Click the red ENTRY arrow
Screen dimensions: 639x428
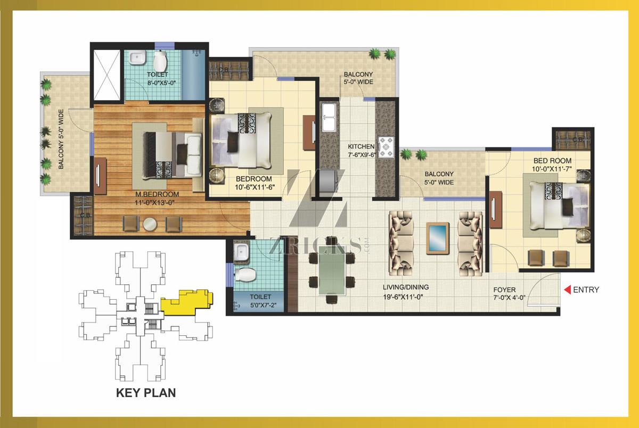[x=568, y=290]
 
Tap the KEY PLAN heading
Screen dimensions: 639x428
[x=146, y=393]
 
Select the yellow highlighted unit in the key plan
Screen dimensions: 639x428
[x=187, y=302]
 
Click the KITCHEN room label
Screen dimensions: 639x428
[x=361, y=146]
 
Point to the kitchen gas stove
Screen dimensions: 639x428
[x=386, y=147]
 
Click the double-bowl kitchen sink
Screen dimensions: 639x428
[x=329, y=118]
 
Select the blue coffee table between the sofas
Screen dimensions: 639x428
[x=437, y=238]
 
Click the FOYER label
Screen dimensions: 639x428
[x=504, y=290]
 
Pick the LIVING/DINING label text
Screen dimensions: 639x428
[x=406, y=287]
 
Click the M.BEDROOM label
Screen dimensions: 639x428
[x=157, y=194]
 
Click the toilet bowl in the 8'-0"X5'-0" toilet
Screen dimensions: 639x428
[x=160, y=61]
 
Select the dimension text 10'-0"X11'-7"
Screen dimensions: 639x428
[x=552, y=169]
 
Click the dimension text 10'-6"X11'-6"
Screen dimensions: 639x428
[x=255, y=187]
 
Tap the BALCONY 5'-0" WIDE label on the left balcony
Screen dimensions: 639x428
[x=61, y=139]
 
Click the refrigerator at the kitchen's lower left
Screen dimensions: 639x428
[x=329, y=181]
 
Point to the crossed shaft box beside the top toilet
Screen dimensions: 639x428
[x=107, y=75]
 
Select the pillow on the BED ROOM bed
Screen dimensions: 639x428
[x=568, y=207]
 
